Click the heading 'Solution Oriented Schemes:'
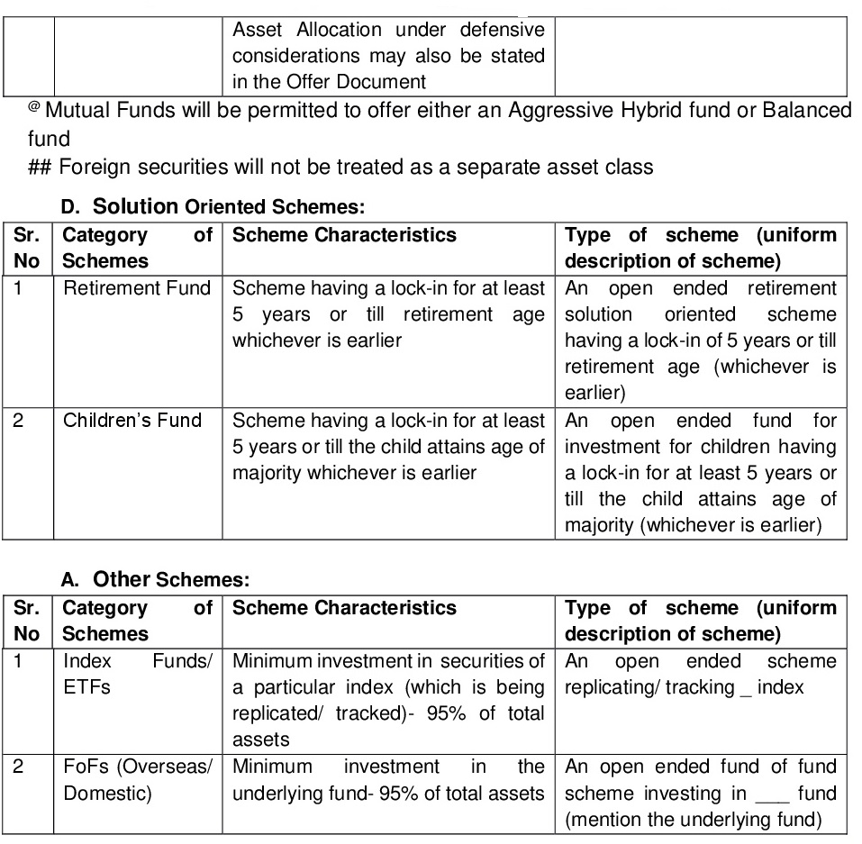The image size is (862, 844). [x=229, y=206]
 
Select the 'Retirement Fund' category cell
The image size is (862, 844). [x=137, y=288]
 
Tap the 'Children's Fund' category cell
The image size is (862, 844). [x=132, y=421]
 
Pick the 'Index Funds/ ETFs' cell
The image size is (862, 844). [x=137, y=674]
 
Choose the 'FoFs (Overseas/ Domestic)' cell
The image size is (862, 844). [x=137, y=780]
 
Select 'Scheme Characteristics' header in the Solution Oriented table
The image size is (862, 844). [x=344, y=235]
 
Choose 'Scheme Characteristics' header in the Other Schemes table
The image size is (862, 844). [x=344, y=608]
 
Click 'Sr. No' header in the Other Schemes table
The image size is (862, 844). [x=27, y=621]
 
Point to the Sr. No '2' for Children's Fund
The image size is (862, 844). [x=19, y=421]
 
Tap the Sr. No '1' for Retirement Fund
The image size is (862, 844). [x=18, y=288]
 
